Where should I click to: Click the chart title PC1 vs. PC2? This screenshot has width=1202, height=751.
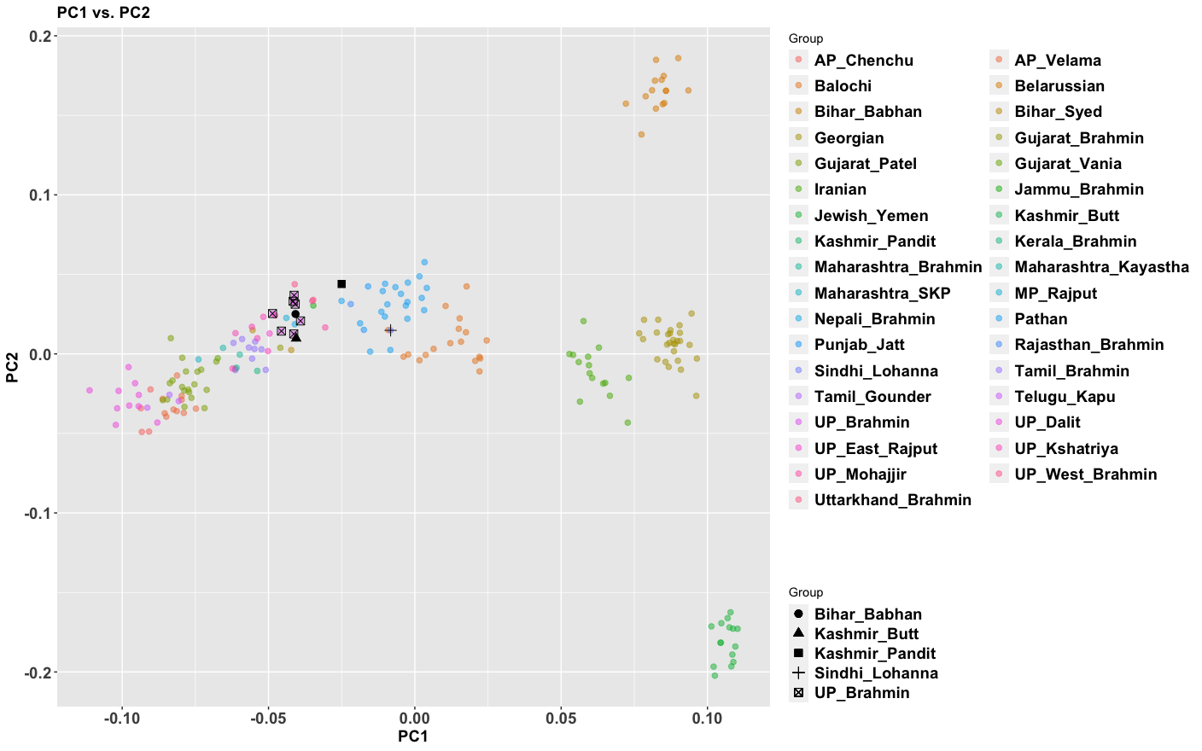[x=103, y=13]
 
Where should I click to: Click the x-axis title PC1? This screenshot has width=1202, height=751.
[x=413, y=736]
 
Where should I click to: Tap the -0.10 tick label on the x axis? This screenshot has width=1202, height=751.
[x=122, y=719]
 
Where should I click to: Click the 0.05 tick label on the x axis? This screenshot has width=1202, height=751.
[x=561, y=719]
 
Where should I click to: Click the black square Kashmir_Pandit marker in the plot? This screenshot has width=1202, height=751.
[x=341, y=284]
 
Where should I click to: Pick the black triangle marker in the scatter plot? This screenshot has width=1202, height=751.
[x=296, y=337]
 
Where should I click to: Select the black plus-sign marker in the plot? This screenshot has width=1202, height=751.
[x=390, y=330]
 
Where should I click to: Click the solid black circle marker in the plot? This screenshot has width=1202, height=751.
[x=295, y=314]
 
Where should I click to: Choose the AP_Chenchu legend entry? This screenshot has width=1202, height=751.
[x=863, y=61]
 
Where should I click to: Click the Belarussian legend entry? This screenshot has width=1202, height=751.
[x=1059, y=86]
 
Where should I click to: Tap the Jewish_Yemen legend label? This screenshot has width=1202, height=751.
[x=871, y=216]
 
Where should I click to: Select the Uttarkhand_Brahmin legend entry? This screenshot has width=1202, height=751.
[x=892, y=500]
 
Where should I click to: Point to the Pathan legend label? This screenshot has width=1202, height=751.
[x=1041, y=319]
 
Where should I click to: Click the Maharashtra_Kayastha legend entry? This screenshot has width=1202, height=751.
[x=1101, y=267]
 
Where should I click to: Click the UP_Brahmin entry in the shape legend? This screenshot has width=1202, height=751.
[x=861, y=693]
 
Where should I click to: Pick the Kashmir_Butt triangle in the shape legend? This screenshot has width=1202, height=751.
[x=798, y=633]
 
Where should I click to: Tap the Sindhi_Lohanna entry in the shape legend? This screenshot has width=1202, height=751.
[x=876, y=673]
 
